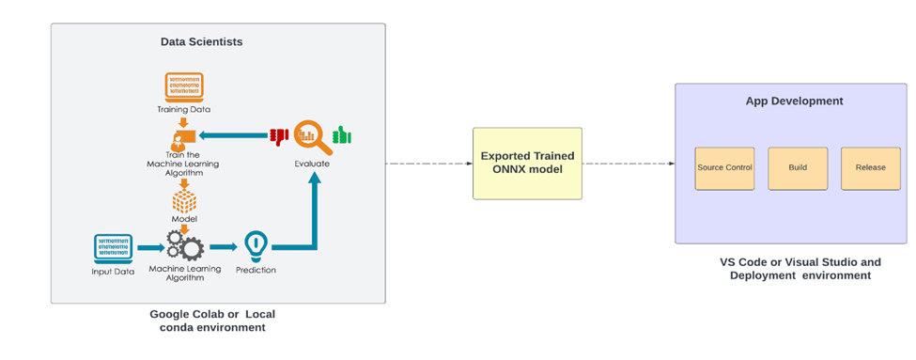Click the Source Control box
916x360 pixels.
coord(724,168)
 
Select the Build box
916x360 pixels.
coord(798,168)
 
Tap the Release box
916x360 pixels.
coord(870,168)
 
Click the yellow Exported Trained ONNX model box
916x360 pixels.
coord(527,163)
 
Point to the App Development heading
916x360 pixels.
coord(794,101)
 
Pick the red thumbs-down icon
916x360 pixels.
coord(278,136)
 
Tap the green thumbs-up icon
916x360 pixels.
coord(342,136)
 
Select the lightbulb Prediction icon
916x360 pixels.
coord(256,246)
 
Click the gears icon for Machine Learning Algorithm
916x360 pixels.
coord(184,246)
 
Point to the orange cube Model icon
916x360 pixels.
coord(184,201)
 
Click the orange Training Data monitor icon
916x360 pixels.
coord(184,87)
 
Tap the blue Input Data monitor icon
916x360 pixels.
coord(113,246)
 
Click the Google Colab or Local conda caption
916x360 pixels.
coord(212,320)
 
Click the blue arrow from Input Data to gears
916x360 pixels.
coord(149,248)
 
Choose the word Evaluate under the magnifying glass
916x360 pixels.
coord(312,164)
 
